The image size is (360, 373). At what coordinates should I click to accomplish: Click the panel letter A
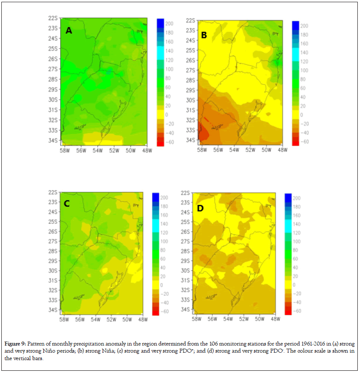[x=69, y=31]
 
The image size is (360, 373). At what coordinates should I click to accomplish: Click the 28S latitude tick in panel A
[x=54, y=79]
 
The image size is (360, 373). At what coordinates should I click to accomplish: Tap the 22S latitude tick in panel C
[x=53, y=192]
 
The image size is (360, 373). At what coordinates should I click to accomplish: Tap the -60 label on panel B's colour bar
[x=304, y=142]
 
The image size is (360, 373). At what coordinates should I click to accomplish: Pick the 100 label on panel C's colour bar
[x=165, y=241]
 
